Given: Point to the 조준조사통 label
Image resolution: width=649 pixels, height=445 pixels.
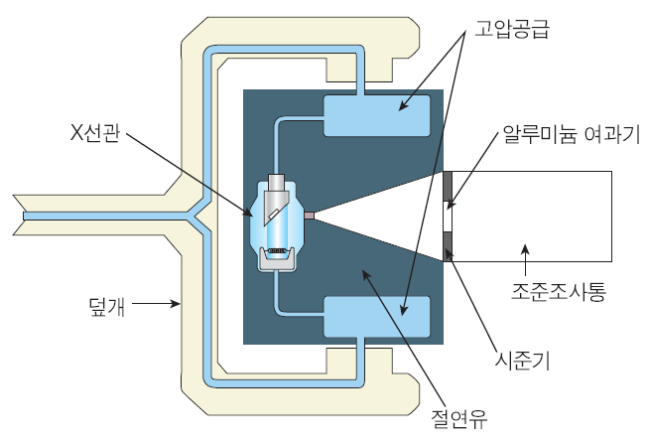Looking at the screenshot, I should coord(558,291).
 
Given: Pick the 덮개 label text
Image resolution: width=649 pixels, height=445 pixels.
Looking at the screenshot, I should coord(106,304).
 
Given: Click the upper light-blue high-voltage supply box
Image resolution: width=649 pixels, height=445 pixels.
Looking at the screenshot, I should coord(377,116).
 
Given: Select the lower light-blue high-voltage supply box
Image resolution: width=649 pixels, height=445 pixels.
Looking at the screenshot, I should coord(377,317).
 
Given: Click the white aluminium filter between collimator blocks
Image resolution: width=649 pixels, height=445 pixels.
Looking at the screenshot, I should coord(448,216).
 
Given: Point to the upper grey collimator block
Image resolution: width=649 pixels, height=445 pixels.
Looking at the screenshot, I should coord(448,186).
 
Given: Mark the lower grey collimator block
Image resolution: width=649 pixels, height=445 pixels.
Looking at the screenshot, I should coord(448,245).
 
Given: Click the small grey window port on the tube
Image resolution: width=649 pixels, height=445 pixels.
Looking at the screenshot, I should coord(309,216).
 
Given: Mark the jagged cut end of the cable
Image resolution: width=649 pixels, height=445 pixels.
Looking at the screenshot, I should coord(21,215).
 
